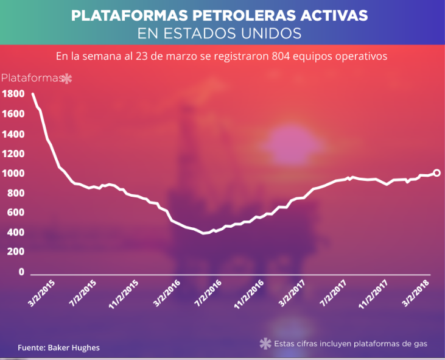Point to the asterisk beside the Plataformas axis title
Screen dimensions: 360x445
coord(68,79)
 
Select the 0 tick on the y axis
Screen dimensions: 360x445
coord(21,272)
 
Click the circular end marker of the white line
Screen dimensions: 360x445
coord(436,172)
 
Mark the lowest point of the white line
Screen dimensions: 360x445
coord(203,233)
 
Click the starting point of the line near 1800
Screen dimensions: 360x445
coord(32,94)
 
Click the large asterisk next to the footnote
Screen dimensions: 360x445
coord(265,344)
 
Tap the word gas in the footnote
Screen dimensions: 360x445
coord(419,344)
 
